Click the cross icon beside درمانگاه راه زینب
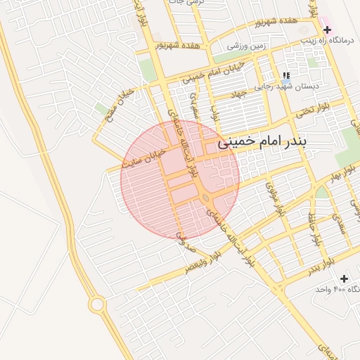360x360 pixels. tap(327, 29)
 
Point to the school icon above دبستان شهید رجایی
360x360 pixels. tap(285, 75)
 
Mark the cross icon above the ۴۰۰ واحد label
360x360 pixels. tap(344, 279)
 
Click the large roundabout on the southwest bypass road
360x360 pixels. tap(96, 305)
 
